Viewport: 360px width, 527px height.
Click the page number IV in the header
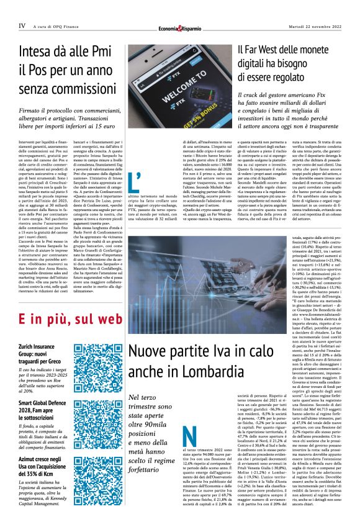click(x=22, y=26)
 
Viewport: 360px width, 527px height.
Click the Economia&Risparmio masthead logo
click(x=180, y=27)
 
